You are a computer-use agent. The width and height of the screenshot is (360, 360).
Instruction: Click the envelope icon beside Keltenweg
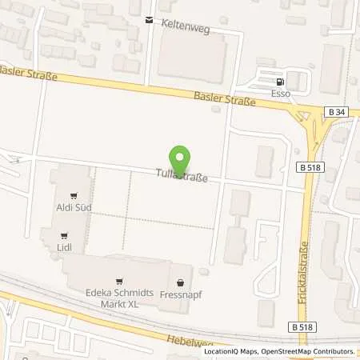(x=149, y=21)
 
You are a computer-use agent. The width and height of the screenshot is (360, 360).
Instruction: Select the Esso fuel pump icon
(x=278, y=82)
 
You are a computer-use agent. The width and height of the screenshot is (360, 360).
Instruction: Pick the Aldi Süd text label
(x=74, y=208)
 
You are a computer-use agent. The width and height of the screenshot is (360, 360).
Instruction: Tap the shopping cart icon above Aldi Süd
(x=74, y=195)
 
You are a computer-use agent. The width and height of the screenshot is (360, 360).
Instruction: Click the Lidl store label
(x=64, y=248)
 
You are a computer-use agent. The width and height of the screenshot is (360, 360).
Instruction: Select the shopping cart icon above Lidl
(x=64, y=235)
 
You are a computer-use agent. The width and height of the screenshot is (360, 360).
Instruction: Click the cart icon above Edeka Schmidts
(x=119, y=281)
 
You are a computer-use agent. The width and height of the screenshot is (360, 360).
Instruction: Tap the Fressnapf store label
(x=180, y=293)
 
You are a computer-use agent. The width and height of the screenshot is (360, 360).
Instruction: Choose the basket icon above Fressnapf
(x=180, y=281)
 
